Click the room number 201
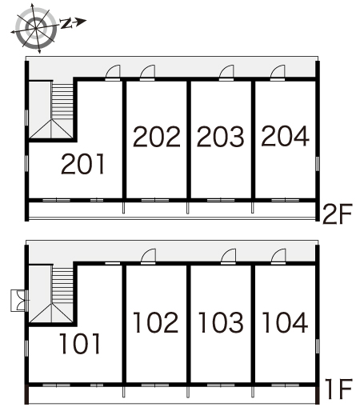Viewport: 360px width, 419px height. (x=83, y=164)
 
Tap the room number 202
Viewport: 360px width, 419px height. (x=157, y=137)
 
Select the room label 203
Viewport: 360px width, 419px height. (x=221, y=137)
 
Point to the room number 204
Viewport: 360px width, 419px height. (x=285, y=136)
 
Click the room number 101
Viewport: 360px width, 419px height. (x=80, y=344)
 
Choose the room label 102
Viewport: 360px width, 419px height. (x=156, y=322)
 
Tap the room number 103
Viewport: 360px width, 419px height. (x=221, y=322)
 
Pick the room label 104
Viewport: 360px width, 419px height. (x=285, y=322)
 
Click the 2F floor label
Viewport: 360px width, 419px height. (x=338, y=214)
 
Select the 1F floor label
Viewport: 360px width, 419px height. (x=339, y=389)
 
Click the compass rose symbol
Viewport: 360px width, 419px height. (x=36, y=28)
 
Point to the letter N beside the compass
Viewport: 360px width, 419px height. (x=66, y=23)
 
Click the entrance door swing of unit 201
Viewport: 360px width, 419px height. (x=113, y=72)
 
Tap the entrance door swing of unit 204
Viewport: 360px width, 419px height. (x=278, y=72)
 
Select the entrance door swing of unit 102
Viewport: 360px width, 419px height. (x=148, y=256)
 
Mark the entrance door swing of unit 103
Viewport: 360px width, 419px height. (x=228, y=256)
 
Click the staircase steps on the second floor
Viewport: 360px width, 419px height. (x=62, y=102)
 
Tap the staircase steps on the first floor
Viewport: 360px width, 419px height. (x=62, y=285)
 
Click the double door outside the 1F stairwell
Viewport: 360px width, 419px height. (x=20, y=301)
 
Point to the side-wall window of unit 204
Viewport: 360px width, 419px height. (x=318, y=164)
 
